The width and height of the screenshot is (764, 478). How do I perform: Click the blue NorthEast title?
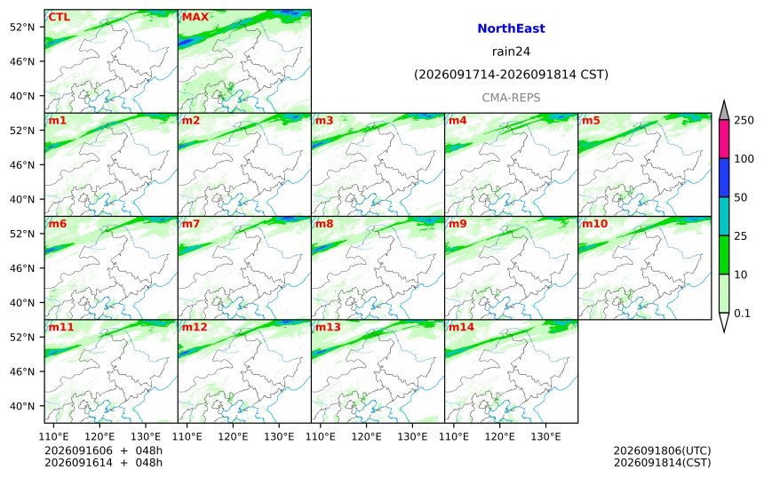click(511, 28)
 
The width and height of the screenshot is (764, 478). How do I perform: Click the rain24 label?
click(511, 52)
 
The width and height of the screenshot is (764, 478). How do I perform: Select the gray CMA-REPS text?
click(511, 98)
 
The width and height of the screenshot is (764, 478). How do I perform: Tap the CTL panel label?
click(59, 17)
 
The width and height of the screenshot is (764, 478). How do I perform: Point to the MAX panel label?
click(195, 17)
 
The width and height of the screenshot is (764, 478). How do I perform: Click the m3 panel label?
click(324, 120)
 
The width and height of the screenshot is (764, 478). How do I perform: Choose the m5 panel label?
click(591, 120)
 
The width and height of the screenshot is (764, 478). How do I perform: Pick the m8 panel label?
click(324, 223)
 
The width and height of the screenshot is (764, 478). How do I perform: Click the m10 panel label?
click(594, 223)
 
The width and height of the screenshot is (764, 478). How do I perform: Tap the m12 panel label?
click(195, 326)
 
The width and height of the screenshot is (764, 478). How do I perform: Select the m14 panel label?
click(461, 326)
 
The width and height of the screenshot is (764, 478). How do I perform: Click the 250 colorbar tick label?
click(744, 120)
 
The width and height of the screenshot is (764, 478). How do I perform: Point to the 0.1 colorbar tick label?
click(742, 314)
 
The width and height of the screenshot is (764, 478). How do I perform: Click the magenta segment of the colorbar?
click(724, 139)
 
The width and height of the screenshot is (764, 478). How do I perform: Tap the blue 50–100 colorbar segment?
click(724, 178)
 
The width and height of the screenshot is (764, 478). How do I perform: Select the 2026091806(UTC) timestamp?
click(662, 450)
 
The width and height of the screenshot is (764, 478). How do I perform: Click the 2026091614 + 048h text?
click(103, 462)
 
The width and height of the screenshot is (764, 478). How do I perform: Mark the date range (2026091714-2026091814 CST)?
click(511, 75)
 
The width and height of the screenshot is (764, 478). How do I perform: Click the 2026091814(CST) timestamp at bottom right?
click(662, 462)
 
